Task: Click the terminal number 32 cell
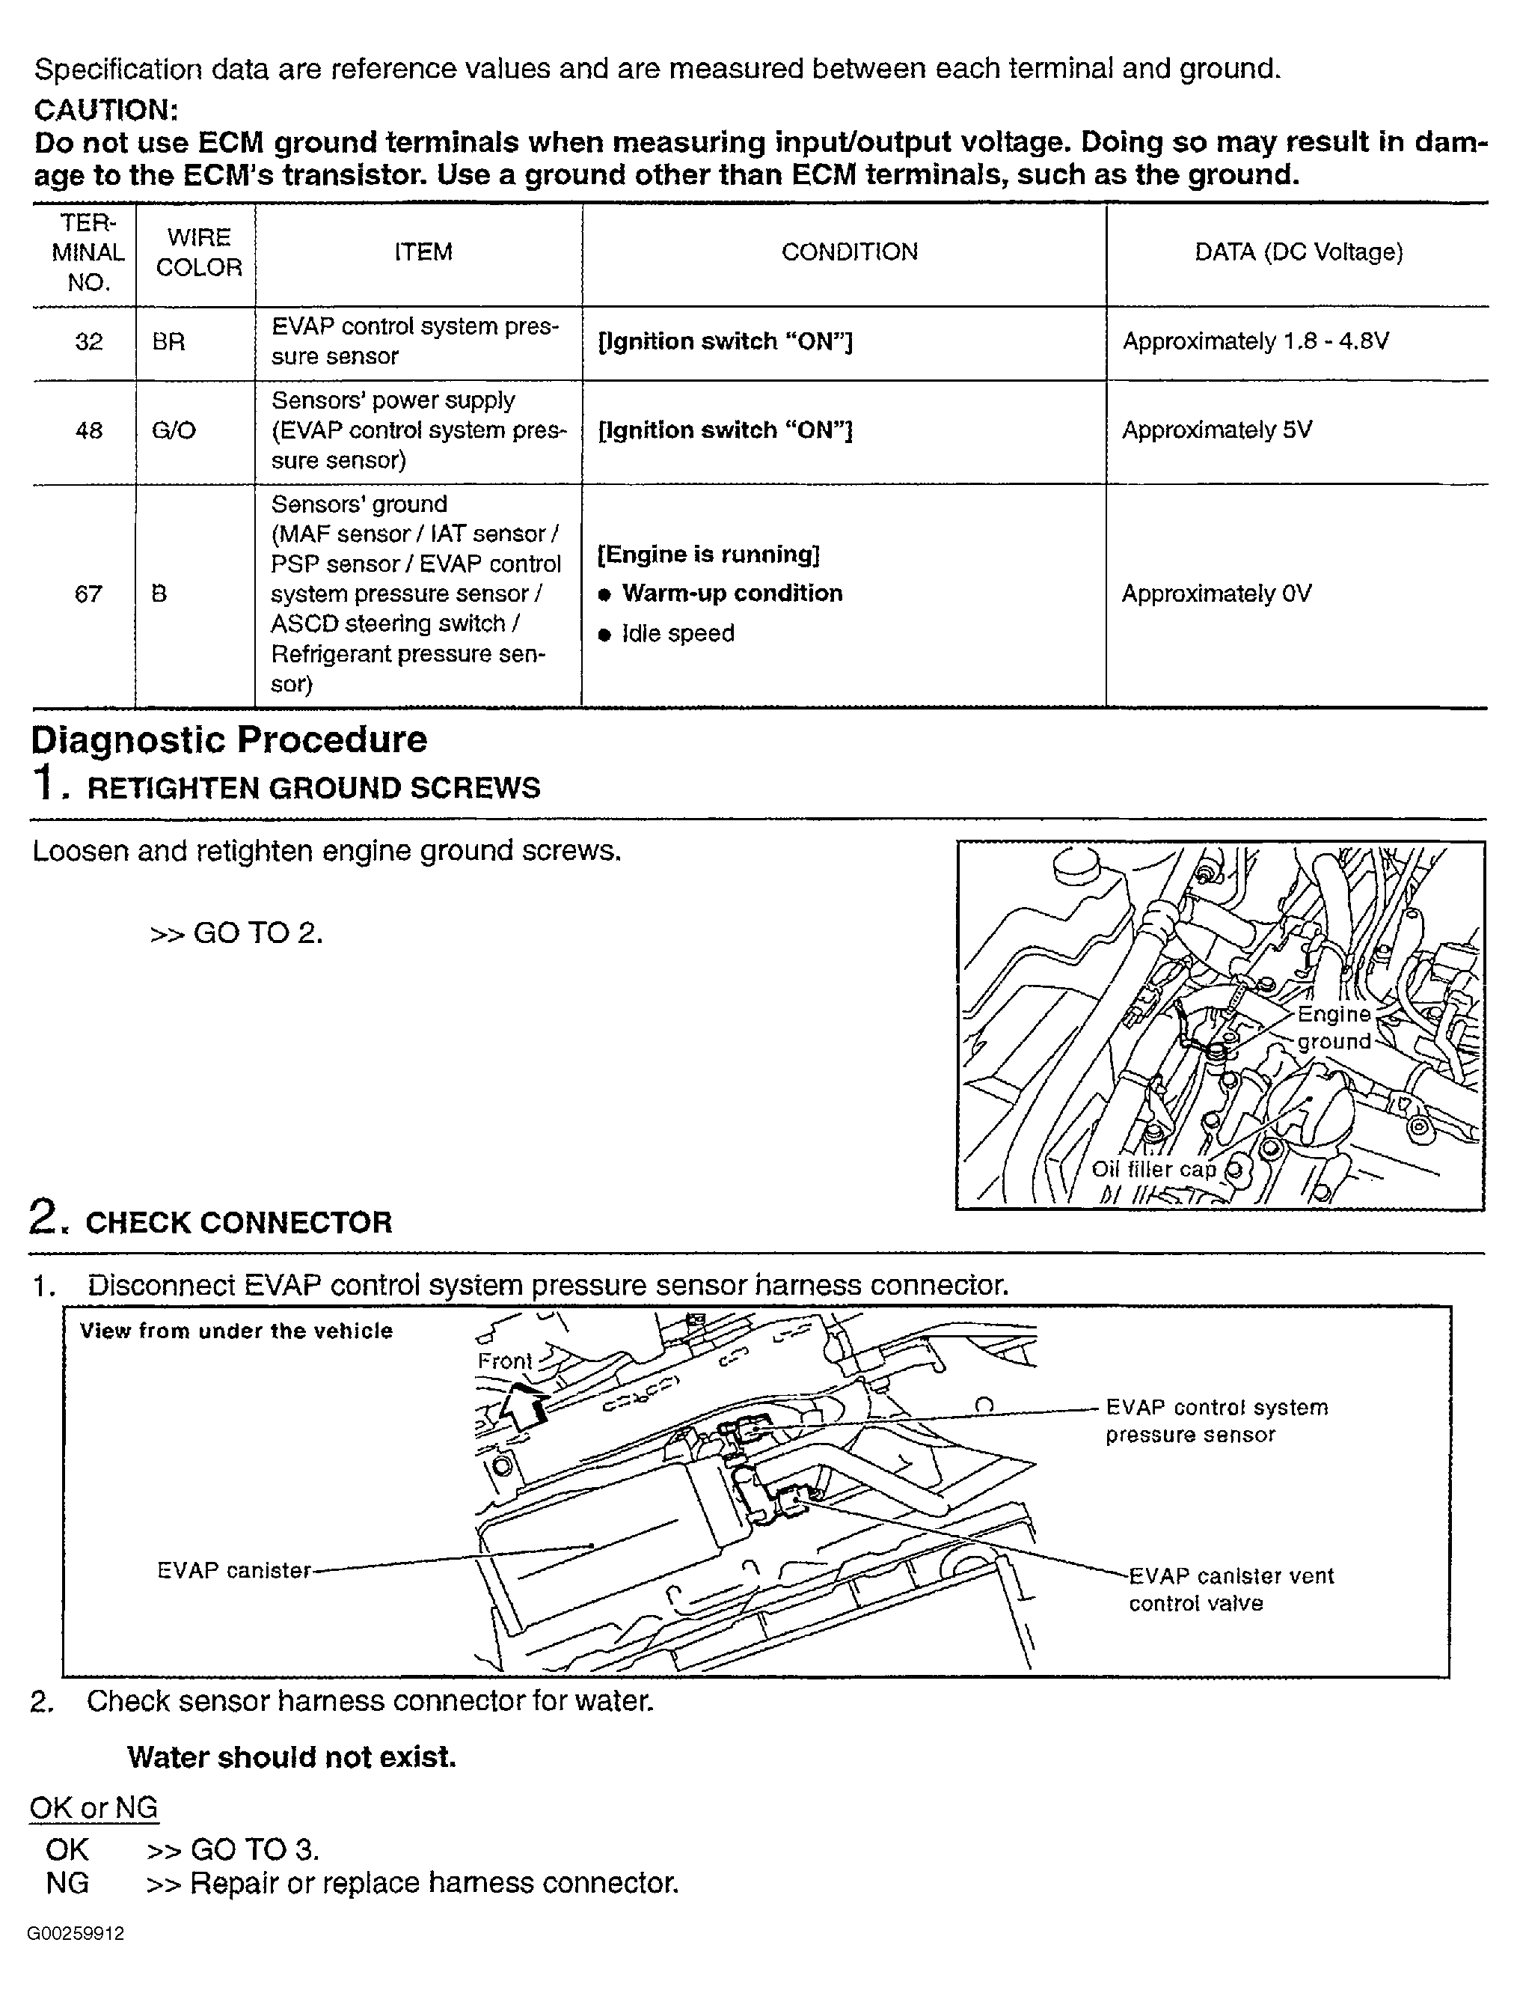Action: (88, 342)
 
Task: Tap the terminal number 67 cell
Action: (88, 594)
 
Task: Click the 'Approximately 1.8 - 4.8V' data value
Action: (1255, 341)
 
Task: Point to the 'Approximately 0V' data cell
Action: (1216, 594)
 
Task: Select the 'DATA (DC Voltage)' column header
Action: (1298, 252)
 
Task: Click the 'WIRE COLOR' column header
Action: (199, 252)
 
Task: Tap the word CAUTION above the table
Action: (105, 110)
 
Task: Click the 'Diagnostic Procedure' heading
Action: (230, 739)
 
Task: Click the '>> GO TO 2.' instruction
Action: (236, 933)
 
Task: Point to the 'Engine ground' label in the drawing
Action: (1333, 1028)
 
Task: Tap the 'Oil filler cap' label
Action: (1153, 1170)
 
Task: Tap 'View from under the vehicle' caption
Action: (236, 1331)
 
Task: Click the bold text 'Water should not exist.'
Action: (292, 1757)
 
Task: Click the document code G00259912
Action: (76, 1934)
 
